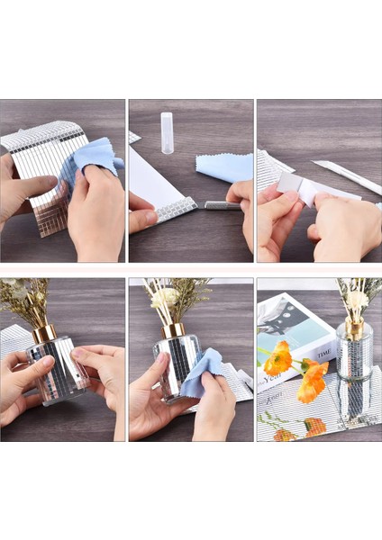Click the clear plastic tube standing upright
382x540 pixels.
[x=167, y=132]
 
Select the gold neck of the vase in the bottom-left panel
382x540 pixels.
[x=43, y=332]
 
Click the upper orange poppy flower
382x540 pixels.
[x=278, y=359]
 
